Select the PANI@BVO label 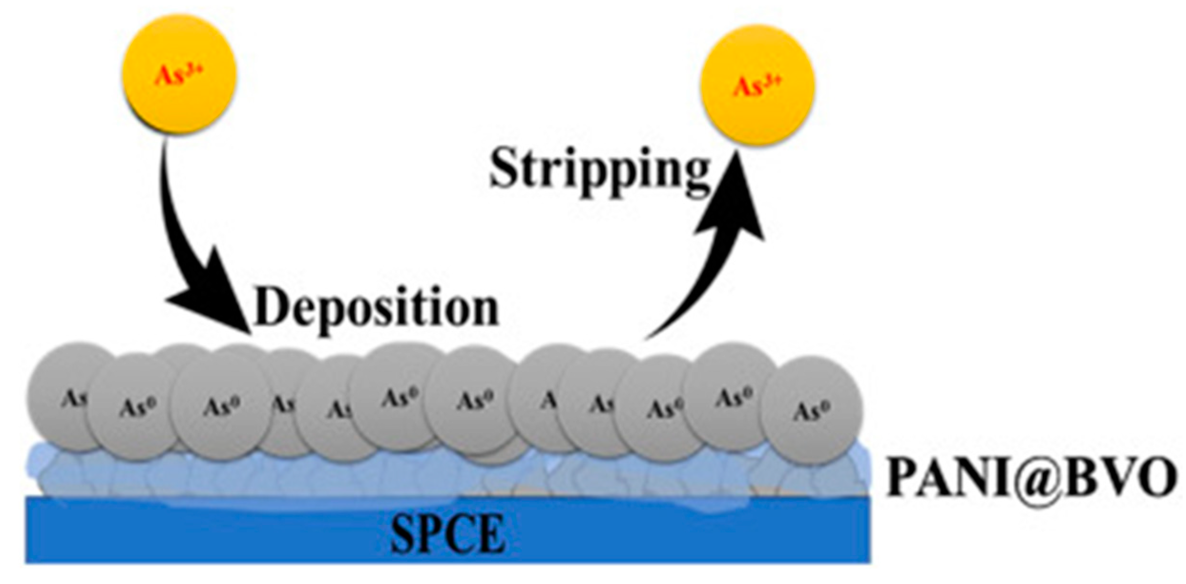click(x=1031, y=479)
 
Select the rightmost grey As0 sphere click(x=811, y=410)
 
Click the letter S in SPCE click(x=403, y=535)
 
